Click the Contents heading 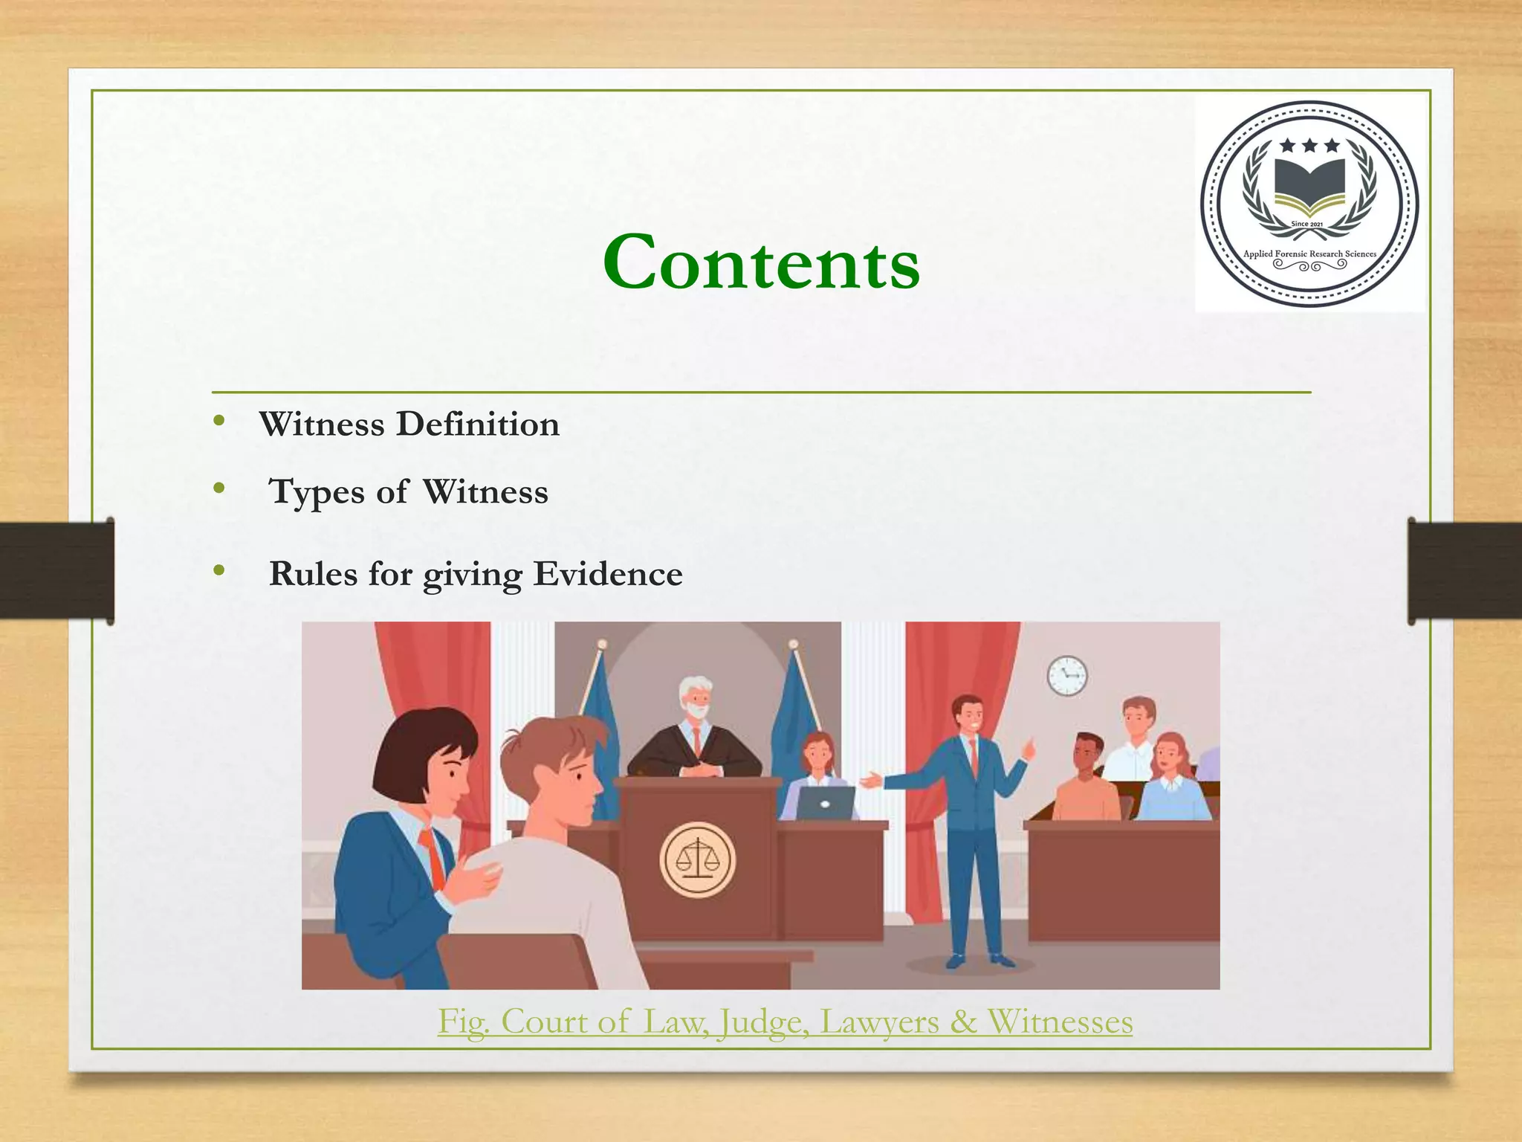(x=761, y=262)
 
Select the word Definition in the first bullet (x=477, y=425)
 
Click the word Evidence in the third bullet (x=607, y=574)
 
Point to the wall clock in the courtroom (x=1066, y=676)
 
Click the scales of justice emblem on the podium (x=697, y=859)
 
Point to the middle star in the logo (x=1309, y=146)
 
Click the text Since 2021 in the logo (x=1307, y=224)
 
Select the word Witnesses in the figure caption (x=1060, y=1022)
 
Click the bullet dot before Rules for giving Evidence (x=218, y=570)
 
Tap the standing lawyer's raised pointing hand (x=1029, y=747)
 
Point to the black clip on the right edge (x=1464, y=570)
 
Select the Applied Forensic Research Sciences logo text (x=1309, y=254)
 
